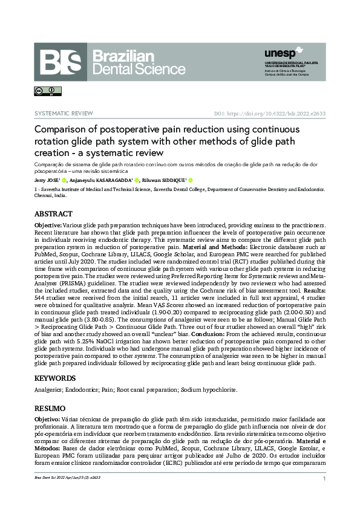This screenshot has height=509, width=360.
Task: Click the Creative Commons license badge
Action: pos(43,91)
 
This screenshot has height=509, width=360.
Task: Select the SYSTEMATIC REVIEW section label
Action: pos(64,114)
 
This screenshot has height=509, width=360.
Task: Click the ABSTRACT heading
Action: pos(54,214)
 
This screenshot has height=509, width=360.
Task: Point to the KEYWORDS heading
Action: pos(56,378)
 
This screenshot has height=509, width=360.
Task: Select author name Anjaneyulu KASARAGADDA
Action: pos(102,180)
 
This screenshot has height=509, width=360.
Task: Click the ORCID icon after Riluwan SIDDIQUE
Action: pos(191,180)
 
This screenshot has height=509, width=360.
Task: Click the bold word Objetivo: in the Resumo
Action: pos(47,418)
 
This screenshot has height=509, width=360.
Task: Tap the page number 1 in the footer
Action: pos(325,479)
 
